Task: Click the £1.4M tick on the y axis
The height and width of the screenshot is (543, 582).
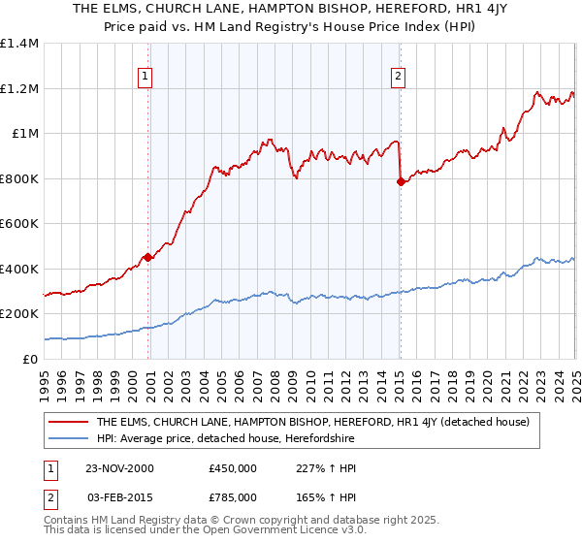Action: click(19, 44)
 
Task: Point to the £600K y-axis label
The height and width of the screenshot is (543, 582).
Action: click(19, 224)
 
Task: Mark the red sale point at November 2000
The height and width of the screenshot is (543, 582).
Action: click(148, 257)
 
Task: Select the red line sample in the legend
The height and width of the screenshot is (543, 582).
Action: click(68, 423)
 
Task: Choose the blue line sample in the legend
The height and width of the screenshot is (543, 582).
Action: click(68, 439)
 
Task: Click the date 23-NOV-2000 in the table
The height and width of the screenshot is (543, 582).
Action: click(119, 467)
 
